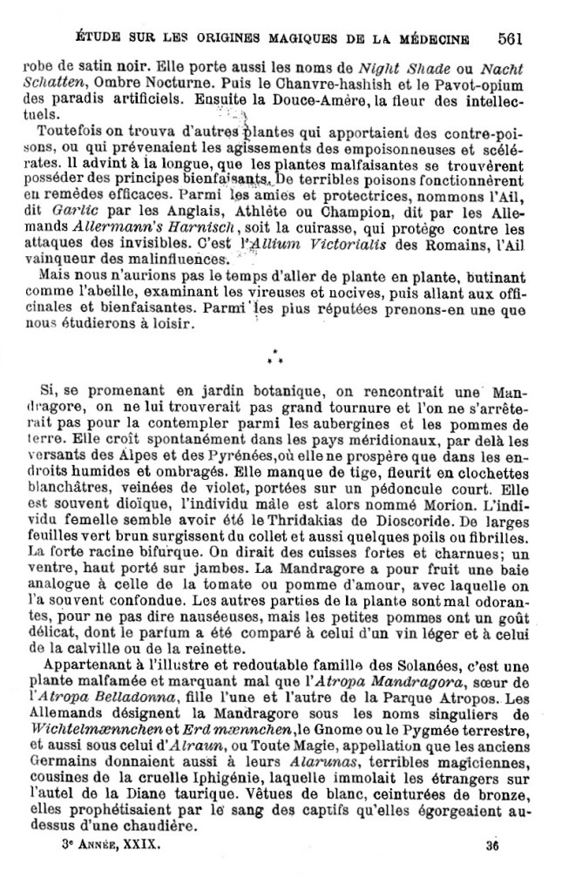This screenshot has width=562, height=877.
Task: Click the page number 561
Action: coord(510,37)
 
